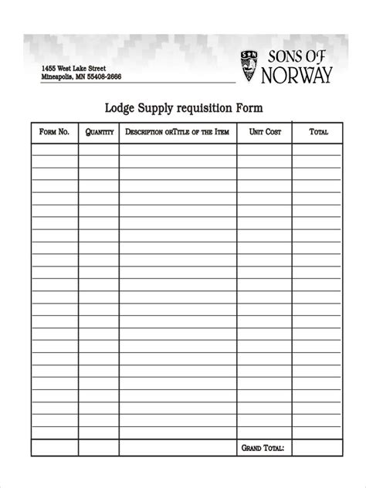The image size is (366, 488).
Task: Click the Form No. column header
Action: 54,132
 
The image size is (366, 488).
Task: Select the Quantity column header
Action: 100,132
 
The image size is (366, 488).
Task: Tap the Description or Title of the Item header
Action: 178,132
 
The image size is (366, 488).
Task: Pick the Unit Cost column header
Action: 265,132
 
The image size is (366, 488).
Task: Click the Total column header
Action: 318,132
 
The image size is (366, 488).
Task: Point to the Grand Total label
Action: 263,448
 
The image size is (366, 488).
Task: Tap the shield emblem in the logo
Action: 249,66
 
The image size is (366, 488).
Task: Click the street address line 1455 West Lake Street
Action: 73,68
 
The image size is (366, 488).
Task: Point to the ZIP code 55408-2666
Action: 103,77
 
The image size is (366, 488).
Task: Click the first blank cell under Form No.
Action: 54,150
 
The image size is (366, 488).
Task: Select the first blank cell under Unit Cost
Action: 265,150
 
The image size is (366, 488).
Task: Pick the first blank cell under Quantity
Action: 100,150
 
